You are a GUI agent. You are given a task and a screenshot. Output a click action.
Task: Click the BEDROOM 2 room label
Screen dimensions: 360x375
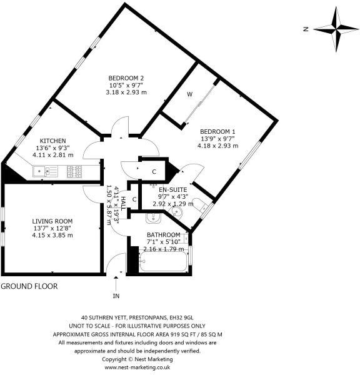[126, 78]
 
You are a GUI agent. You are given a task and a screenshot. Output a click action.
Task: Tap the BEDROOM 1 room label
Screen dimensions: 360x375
[217, 131]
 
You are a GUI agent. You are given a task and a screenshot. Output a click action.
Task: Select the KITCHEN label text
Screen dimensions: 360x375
[52, 141]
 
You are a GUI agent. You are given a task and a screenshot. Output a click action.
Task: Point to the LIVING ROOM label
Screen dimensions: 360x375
[52, 221]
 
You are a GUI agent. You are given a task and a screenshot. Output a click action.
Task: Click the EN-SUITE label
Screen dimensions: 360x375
[172, 190]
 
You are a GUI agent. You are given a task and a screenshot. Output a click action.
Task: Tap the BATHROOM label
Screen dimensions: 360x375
[164, 235]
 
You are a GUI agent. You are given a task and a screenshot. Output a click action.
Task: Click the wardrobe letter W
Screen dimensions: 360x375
[190, 94]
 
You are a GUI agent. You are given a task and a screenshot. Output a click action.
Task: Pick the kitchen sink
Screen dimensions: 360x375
[45, 171]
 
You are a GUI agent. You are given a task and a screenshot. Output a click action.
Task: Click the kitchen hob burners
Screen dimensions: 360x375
[74, 172]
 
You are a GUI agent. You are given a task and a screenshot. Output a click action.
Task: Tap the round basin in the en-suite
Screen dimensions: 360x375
[176, 212]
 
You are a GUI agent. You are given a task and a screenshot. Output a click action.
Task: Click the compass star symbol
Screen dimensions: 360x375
[336, 29]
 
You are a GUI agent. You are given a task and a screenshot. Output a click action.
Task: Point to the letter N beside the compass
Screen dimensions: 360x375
[306, 29]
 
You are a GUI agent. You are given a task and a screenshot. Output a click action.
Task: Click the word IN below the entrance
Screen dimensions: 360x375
[116, 296]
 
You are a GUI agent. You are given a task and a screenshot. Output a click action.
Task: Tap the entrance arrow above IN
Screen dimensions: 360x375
[116, 284]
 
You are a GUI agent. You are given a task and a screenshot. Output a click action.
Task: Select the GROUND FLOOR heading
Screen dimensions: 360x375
[29, 286]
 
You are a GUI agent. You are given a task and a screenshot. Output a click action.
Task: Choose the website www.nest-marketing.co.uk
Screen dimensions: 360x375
[137, 367]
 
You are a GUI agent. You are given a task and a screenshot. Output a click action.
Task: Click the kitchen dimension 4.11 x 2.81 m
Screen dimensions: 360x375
[53, 155]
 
